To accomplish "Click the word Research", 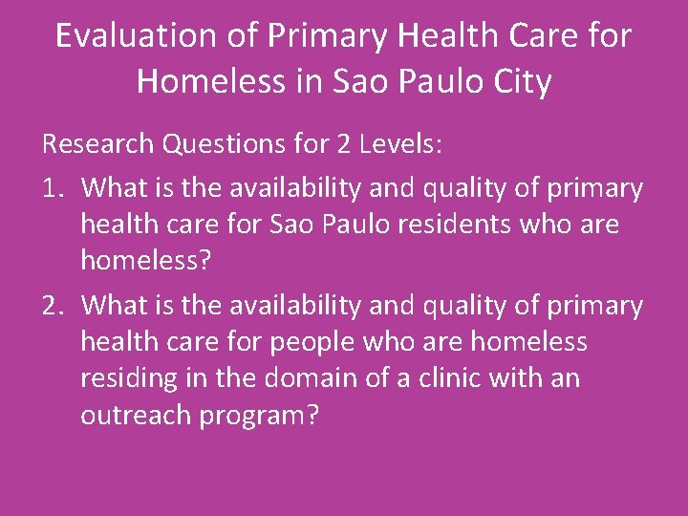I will pos(98,144).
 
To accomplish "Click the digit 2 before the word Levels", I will pos(345,144).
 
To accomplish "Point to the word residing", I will pos(118,379).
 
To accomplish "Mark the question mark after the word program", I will pos(312,418).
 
